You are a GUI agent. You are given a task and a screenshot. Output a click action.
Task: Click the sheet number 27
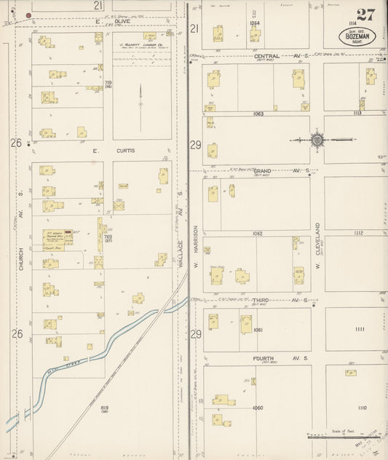click(x=365, y=15)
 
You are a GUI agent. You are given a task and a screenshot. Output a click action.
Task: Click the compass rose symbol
click(x=317, y=138)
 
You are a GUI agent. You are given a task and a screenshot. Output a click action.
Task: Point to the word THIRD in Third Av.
click(x=262, y=300)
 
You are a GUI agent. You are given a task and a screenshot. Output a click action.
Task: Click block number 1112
click(x=357, y=233)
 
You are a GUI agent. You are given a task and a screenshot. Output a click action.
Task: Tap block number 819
click(x=104, y=407)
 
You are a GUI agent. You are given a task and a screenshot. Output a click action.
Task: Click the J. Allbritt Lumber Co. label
click(x=142, y=44)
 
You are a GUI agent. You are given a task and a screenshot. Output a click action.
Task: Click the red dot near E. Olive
click(x=28, y=15)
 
